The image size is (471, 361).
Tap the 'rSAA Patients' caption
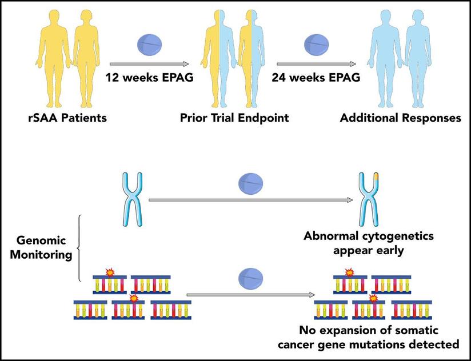pos(65,119)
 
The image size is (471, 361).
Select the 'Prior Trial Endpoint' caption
pos(234,119)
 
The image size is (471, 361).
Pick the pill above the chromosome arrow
pos(250,184)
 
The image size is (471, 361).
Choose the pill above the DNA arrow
pos(250,279)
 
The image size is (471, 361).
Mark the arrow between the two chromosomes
pos(250,200)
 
